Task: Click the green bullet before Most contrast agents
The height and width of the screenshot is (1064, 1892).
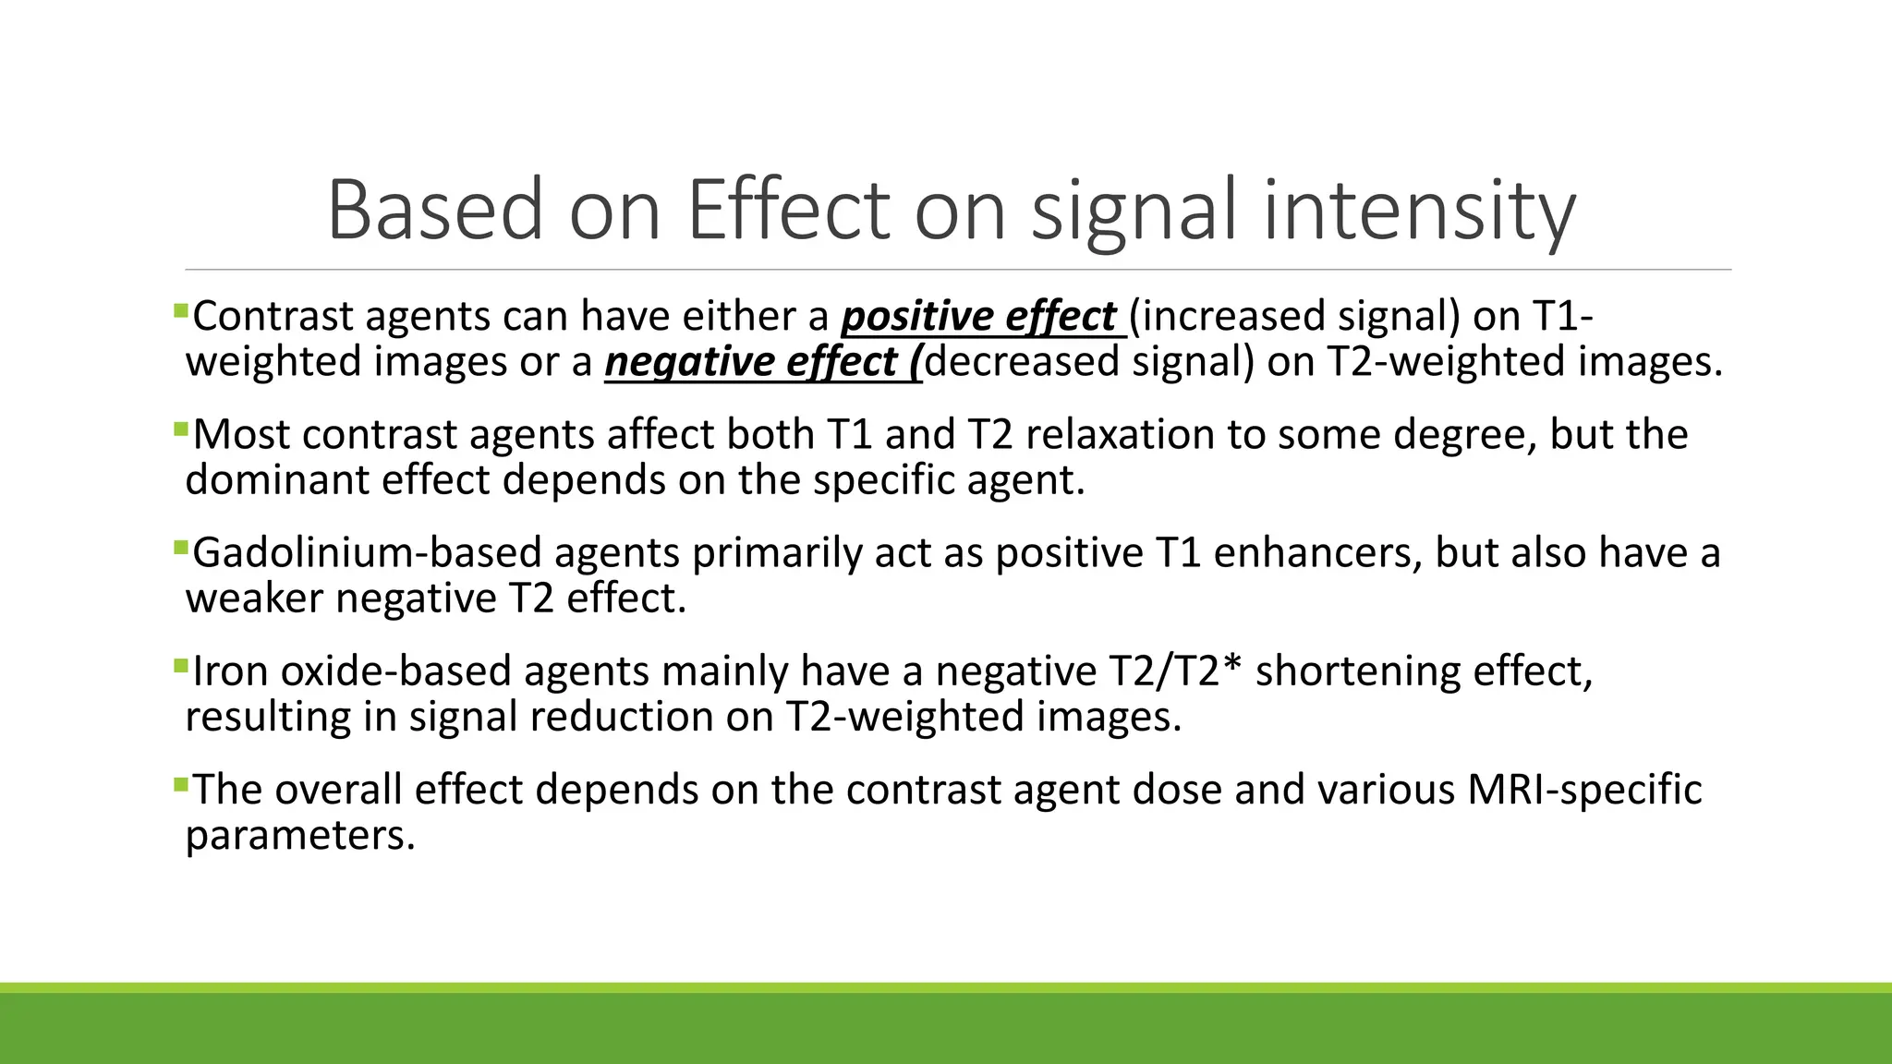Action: point(180,428)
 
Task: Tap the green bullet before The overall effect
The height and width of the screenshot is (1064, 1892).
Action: point(180,783)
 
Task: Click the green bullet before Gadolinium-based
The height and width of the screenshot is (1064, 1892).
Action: point(180,547)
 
